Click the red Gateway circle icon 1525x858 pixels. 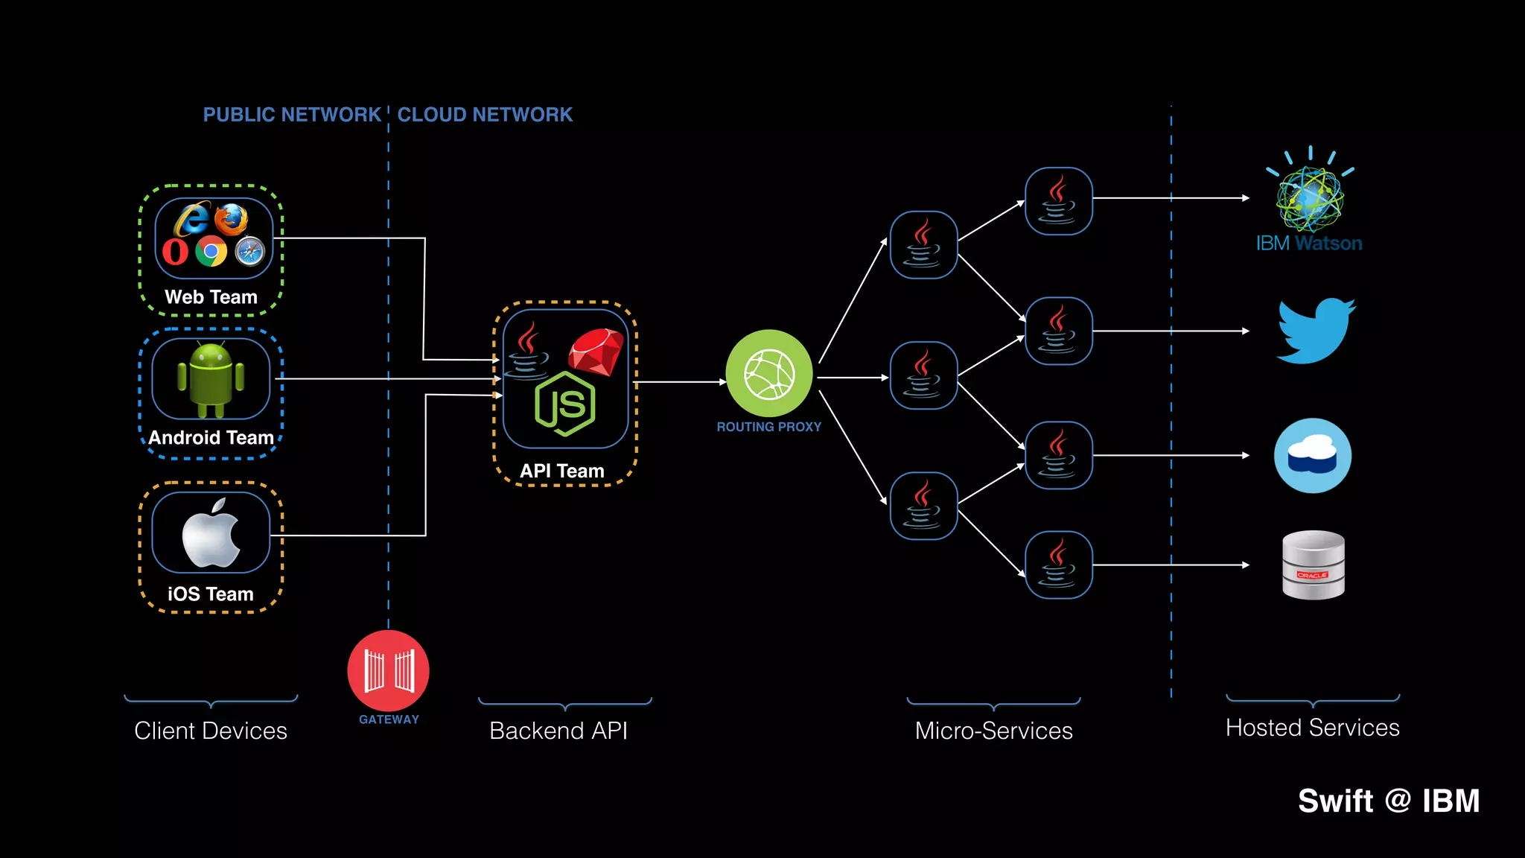388,670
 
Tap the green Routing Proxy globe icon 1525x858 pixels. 768,374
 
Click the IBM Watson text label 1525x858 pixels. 1308,244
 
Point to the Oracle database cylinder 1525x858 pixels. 1314,565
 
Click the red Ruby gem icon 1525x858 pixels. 596,352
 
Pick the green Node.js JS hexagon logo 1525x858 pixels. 565,404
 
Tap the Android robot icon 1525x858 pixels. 211,379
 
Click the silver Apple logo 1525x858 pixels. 211,533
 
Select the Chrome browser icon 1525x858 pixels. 211,252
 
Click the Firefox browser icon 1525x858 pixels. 231,219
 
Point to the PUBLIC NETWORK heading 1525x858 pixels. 292,115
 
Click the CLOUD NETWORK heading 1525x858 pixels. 485,115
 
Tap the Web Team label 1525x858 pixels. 211,297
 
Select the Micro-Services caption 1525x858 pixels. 993,731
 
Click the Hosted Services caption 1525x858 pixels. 1312,728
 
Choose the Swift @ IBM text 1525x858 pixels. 1388,801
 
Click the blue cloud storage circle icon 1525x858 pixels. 1312,455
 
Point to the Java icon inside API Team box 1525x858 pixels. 527,351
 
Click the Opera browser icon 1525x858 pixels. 176,252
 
